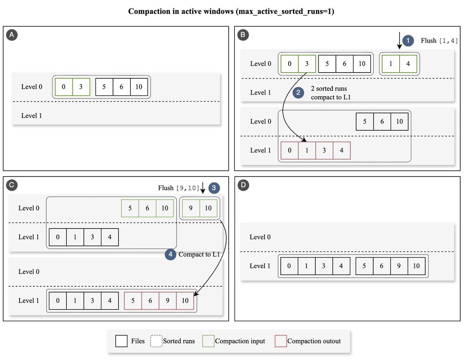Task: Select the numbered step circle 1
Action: [x=408, y=41]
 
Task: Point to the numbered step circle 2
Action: [x=298, y=93]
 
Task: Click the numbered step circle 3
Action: [x=214, y=188]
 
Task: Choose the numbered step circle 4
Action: [x=170, y=254]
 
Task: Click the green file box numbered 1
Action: [x=391, y=64]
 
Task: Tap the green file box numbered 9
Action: [x=191, y=208]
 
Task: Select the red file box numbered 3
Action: [x=324, y=151]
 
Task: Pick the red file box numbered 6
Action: [x=150, y=301]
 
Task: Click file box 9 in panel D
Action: [x=399, y=266]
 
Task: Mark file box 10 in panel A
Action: [x=139, y=87]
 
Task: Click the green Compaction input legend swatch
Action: [x=209, y=341]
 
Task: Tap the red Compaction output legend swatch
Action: [x=281, y=341]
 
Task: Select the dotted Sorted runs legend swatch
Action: [x=156, y=341]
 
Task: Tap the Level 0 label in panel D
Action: [x=260, y=237]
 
